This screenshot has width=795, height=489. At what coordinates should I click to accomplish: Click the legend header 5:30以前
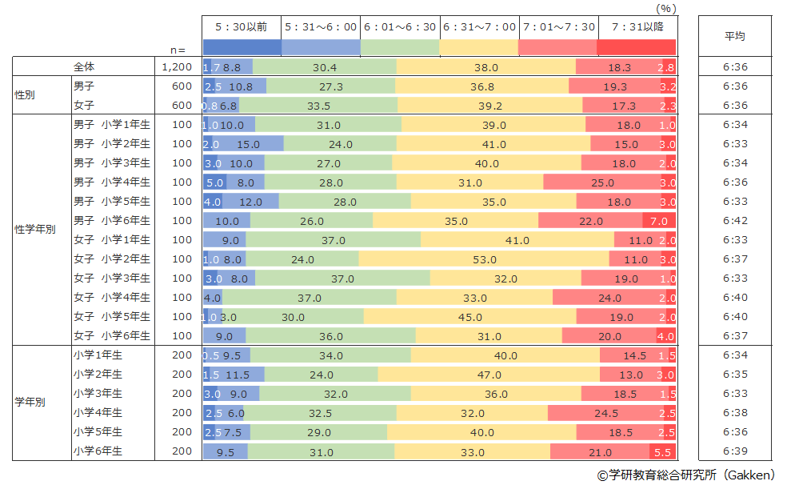(x=242, y=26)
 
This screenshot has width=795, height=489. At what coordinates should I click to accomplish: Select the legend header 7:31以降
(x=637, y=26)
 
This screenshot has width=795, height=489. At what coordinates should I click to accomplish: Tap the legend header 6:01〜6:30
(x=400, y=26)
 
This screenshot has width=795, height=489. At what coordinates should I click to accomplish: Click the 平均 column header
(x=735, y=36)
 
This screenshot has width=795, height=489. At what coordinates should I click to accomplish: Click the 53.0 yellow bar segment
(x=484, y=259)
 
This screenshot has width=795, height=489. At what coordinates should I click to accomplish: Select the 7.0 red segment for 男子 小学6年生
(x=659, y=221)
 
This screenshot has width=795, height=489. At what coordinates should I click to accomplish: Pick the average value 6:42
(x=735, y=221)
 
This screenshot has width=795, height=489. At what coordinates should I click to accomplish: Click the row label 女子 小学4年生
(x=112, y=298)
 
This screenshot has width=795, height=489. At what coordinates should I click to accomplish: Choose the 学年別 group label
(x=30, y=403)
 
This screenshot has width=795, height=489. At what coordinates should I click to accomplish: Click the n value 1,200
(x=177, y=67)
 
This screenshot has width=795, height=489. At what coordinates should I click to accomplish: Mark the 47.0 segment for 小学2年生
(x=489, y=375)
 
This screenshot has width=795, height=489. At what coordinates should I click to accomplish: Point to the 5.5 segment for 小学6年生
(x=662, y=451)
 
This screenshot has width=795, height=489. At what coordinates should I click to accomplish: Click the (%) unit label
(x=665, y=8)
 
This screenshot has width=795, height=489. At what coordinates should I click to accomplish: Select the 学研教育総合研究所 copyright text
(x=686, y=475)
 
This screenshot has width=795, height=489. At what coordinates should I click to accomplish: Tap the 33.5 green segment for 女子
(x=318, y=106)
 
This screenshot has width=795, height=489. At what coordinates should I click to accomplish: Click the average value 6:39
(x=735, y=451)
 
